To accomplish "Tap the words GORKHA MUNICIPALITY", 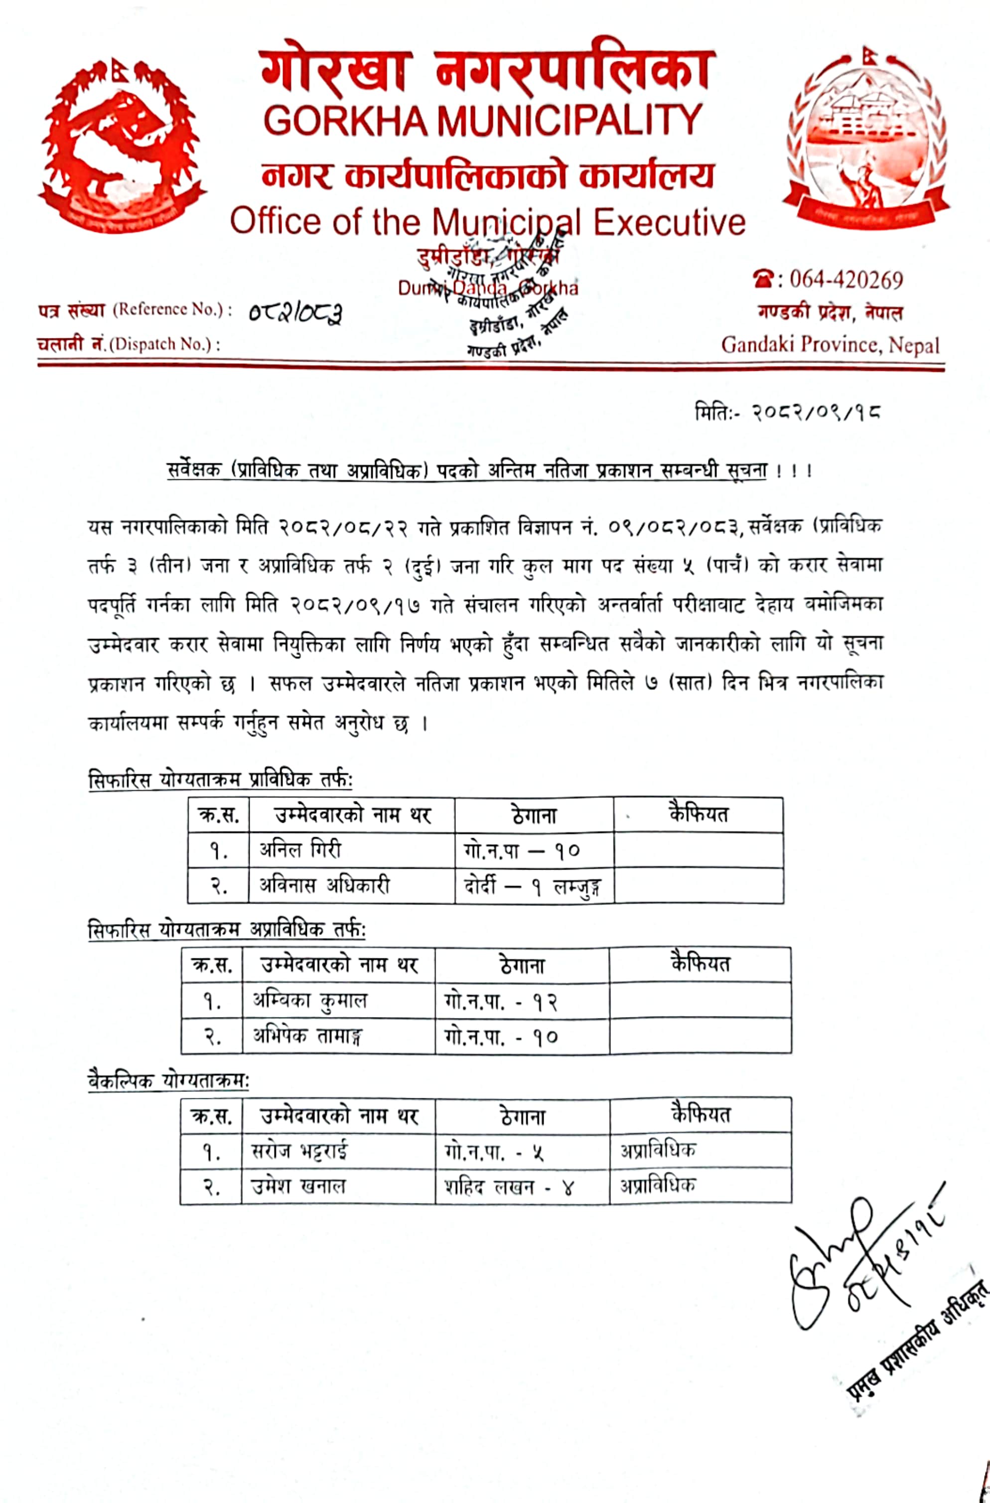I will point(483,120).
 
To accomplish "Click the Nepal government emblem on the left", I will point(120,145).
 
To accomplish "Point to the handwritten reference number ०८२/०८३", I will point(295,312).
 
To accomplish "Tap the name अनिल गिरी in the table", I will point(300,849).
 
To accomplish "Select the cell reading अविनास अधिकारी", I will point(324,886).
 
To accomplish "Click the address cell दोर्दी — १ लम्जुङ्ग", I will point(532,887).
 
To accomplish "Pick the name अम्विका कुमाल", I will point(309,1000).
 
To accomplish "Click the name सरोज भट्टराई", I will point(299,1151).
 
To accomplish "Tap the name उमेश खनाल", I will point(298,1187).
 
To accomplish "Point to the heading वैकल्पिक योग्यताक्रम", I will point(168,1080).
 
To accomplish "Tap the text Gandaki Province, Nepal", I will point(830,345).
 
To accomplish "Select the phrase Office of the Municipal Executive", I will point(487,222).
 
